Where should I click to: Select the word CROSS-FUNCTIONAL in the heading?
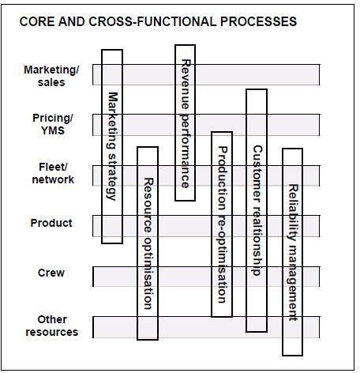152,21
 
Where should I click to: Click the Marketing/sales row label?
51,76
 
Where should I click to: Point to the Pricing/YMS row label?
53,124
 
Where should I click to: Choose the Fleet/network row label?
53,173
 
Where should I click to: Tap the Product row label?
51,223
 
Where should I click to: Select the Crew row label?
51,273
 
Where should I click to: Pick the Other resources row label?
52,326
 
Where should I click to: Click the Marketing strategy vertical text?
113,146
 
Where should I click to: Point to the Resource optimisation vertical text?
148,243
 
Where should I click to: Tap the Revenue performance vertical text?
186,124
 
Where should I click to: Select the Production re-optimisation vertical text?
223,224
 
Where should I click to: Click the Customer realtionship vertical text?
257,210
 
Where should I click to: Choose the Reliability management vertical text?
293,252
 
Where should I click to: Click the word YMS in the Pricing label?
53,130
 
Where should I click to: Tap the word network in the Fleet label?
53,179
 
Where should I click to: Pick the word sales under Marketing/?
51,82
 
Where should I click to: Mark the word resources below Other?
52,332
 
